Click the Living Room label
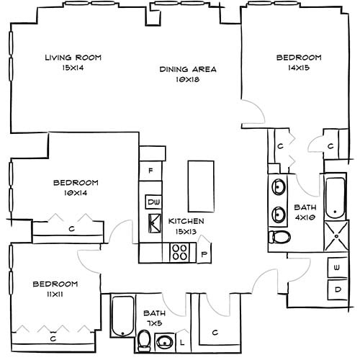click(x=72, y=58)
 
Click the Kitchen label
click(x=186, y=221)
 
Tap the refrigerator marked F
click(x=150, y=171)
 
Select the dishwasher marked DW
click(x=153, y=202)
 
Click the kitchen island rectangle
click(x=201, y=183)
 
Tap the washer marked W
click(x=337, y=267)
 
